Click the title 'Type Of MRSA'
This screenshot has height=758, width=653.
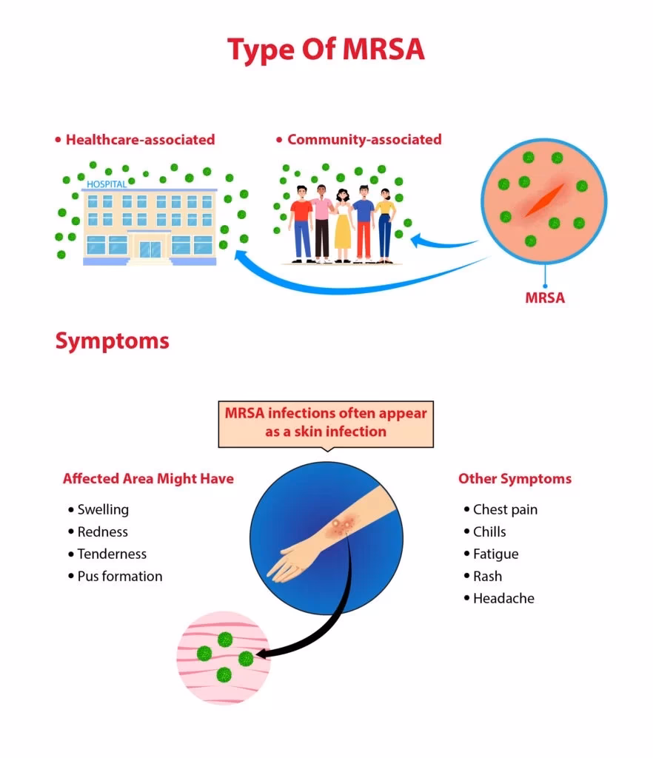326,50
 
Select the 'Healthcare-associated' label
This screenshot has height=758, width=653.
140,139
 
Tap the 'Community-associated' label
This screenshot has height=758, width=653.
364,139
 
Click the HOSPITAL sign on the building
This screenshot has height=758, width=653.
107,184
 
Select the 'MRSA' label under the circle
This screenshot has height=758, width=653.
545,298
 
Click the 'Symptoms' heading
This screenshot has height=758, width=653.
112,341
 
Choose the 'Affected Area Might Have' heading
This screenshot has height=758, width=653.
148,479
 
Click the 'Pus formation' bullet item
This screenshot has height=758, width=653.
119,576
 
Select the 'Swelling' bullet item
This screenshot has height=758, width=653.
103,509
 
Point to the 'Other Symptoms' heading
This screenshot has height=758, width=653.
515,479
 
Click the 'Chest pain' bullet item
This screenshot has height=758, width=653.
505,509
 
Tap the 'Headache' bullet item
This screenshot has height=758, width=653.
503,598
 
